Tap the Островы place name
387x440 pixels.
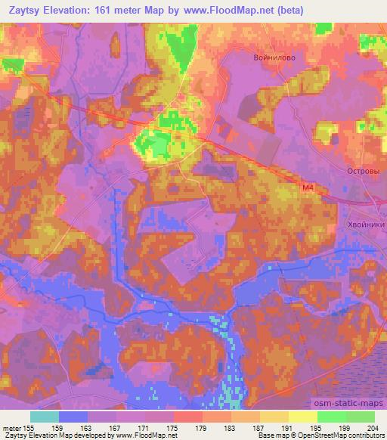pos(361,172)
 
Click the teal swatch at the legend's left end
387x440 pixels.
pos(45,417)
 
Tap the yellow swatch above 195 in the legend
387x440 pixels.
pos(303,417)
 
